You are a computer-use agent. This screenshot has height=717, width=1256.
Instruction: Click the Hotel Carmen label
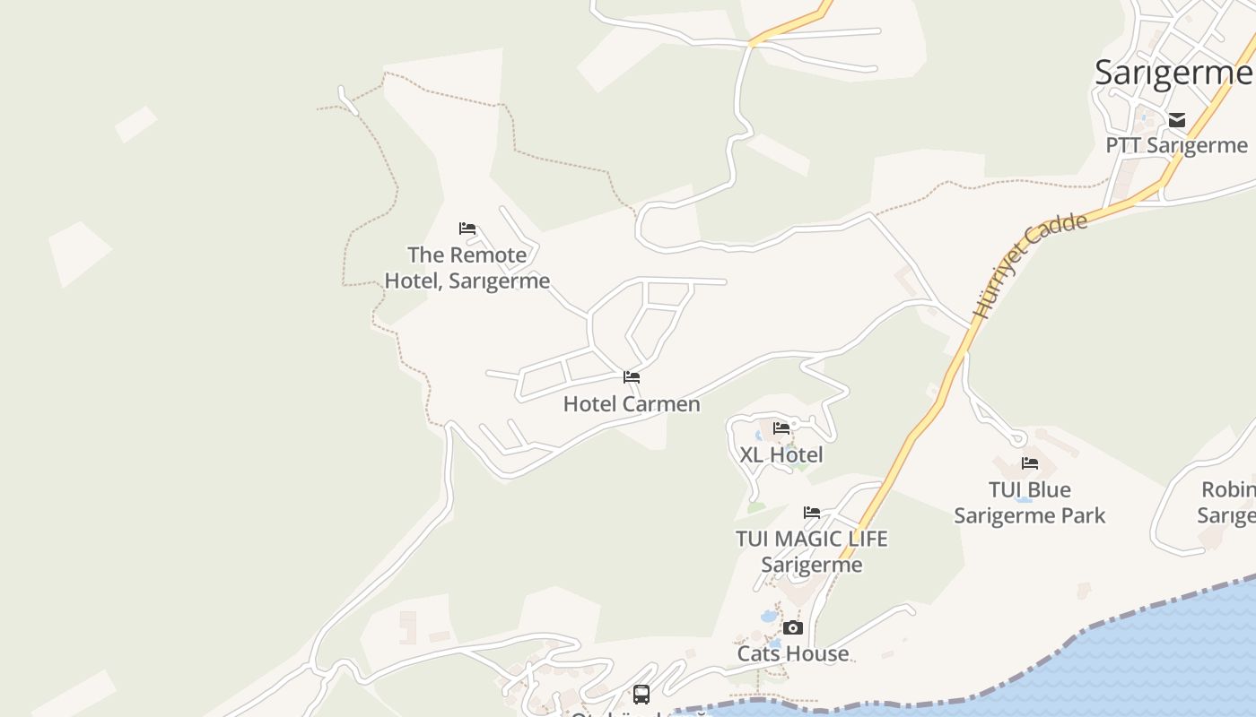coord(632,404)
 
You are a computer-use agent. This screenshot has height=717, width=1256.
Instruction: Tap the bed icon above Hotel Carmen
coord(632,377)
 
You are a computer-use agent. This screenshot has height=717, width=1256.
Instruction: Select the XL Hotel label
coord(781,454)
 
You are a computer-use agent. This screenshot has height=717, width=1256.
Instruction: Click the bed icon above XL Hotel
coord(781,428)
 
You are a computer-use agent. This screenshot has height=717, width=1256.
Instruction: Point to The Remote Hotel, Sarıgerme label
coord(467,268)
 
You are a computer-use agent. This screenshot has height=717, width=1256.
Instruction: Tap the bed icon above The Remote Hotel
coord(467,229)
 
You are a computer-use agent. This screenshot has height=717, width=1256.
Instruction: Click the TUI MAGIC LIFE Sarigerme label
coord(812,551)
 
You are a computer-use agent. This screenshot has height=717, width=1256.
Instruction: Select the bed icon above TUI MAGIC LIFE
coord(812,513)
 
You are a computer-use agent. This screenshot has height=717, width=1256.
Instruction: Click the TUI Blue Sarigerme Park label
coord(1030,503)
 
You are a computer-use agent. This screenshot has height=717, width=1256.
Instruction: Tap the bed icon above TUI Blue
coord(1030,463)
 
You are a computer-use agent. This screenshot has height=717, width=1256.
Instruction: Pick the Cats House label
coord(793,654)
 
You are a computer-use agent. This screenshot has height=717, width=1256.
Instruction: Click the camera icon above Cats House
coord(793,628)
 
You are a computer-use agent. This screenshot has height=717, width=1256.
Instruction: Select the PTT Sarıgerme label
coord(1176,145)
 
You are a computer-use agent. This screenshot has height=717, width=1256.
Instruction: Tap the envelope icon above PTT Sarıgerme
coord(1177,120)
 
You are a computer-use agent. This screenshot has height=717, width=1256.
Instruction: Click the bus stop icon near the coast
coord(641,694)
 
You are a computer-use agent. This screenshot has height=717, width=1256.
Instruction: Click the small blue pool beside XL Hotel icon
coord(760,436)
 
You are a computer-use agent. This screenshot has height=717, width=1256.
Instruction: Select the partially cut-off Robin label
coord(1227,503)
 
